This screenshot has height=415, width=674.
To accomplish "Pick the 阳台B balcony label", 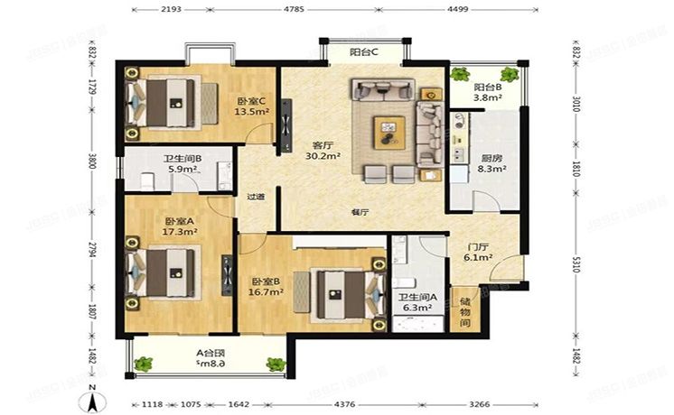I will pos(489,88).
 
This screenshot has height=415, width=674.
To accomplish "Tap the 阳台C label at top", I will pos(365,52).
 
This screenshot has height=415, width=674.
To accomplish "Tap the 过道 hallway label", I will pos(255,197).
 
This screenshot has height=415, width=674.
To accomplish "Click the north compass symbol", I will pos(92,393).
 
